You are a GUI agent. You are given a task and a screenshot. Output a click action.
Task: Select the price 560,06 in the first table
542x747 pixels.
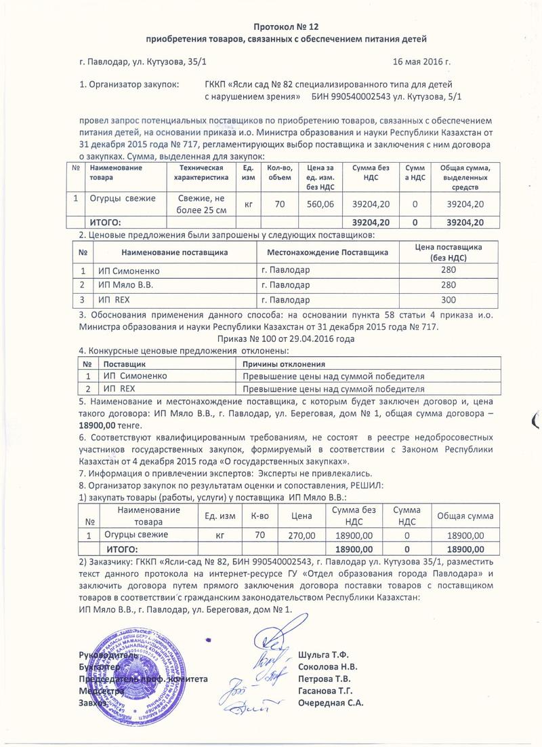coord(320,204)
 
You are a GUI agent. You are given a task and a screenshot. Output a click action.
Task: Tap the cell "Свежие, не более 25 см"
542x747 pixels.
coord(201,203)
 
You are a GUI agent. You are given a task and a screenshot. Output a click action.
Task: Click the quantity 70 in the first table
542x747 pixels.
coord(279,204)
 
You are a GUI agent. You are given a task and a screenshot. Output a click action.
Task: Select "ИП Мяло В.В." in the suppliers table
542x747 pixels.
coord(125,285)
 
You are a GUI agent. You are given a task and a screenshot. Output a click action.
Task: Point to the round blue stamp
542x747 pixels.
coord(133,674)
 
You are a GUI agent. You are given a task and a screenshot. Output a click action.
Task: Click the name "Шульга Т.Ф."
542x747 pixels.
coord(323,655)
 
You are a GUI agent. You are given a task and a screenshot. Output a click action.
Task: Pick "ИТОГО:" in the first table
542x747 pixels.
coord(106,223)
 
